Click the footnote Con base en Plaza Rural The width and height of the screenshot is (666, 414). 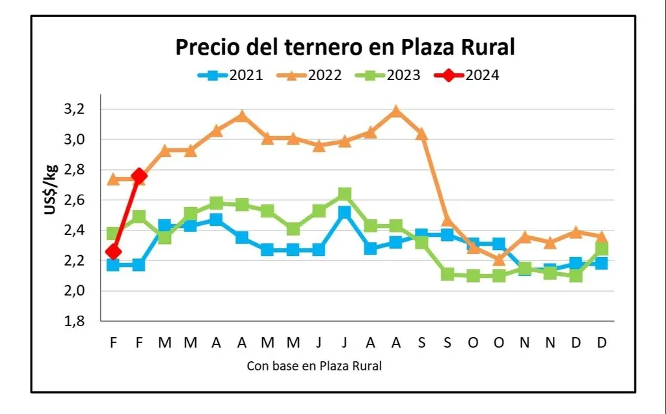314,366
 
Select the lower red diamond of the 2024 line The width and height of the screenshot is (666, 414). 113,251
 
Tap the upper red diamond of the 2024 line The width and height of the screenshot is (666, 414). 139,175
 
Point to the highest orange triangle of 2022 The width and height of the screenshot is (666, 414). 396,111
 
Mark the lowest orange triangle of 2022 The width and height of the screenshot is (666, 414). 499,260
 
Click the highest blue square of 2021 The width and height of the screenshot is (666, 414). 345,212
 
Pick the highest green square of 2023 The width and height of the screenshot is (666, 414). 345,194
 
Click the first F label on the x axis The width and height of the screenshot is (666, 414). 113,342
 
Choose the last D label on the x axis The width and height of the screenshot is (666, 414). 602,342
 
